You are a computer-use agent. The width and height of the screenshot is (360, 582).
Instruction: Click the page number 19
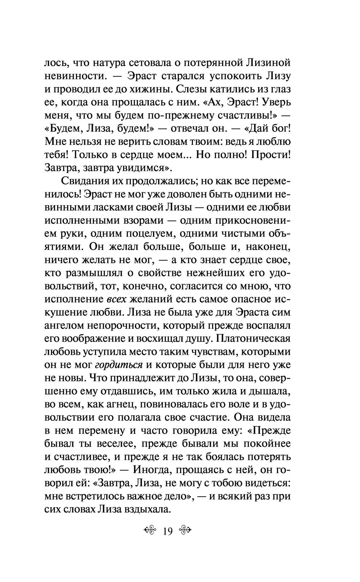coord(168,531)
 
